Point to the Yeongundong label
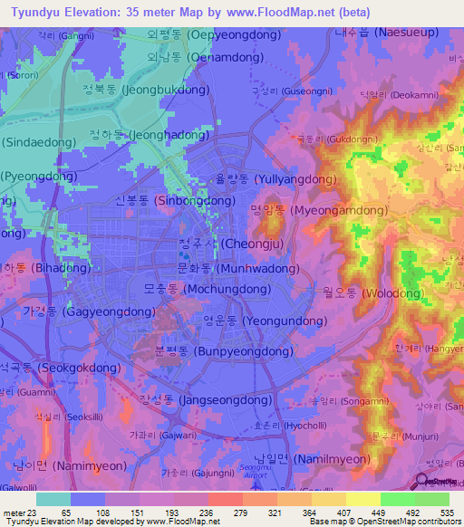click(x=265, y=321)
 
